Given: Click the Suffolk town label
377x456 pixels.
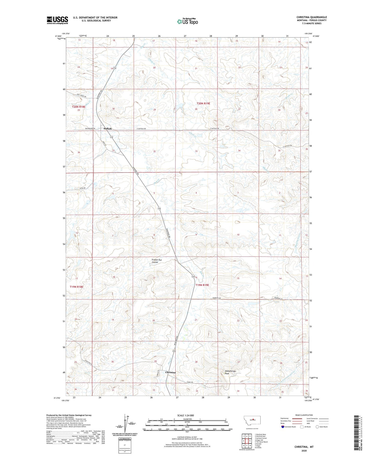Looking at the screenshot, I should point(108,129).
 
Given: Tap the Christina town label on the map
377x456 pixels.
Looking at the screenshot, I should point(170,372).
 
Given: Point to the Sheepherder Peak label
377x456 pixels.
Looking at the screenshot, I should point(230,372).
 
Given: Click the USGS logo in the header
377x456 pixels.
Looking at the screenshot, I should point(57,20).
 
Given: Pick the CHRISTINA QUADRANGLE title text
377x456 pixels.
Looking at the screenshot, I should point(311,17).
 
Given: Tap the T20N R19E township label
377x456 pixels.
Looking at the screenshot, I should point(203,103).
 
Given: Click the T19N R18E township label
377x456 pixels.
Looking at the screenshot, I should point(76,287).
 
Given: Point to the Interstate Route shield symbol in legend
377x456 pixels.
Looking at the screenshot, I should point(283,427).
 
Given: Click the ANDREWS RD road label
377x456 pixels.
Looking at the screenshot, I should point(216,298).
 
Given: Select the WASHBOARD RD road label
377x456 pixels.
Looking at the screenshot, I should point(90,129).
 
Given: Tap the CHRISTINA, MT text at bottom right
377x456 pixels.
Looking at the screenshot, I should point(304,447).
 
